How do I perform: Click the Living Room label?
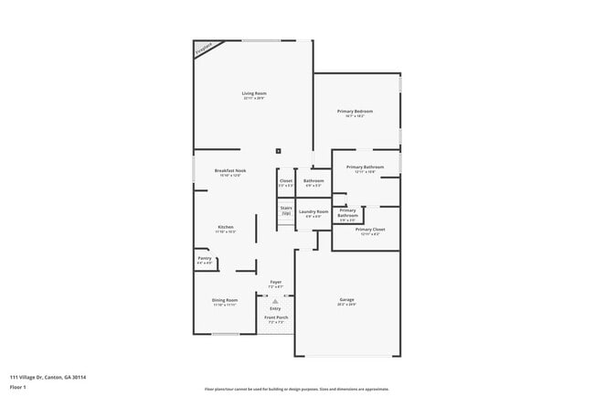254,93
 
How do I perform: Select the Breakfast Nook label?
228,171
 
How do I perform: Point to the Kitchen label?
226,227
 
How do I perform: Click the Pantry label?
205,259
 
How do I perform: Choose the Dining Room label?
226,300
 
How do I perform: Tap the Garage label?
346,300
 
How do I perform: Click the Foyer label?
275,282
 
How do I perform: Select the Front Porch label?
275,317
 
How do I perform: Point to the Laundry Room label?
313,212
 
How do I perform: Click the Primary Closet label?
370,230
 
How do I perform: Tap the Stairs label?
286,208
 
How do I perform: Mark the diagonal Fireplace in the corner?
206,48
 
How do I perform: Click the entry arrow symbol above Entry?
275,301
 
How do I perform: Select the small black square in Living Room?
279,152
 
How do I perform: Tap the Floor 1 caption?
19,386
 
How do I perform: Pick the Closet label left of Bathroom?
286,181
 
